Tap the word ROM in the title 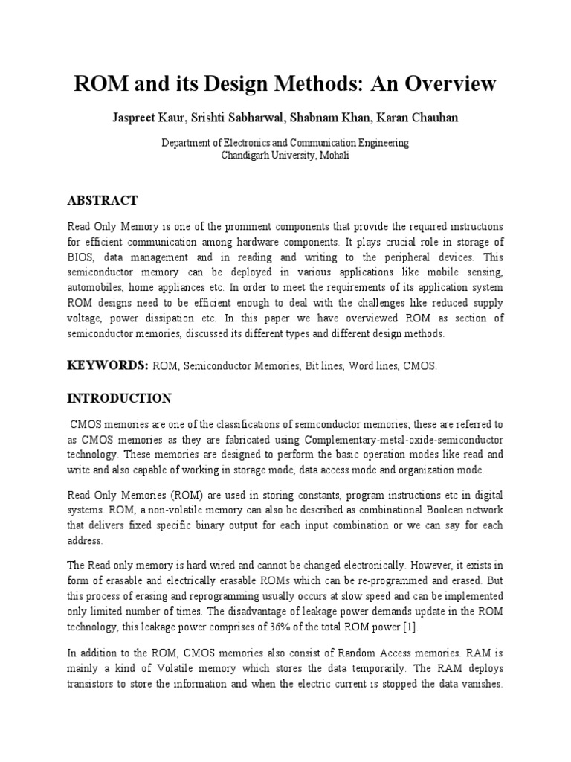click(98, 84)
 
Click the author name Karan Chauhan click(407, 118)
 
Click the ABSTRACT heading click(103, 200)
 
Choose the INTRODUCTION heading click(120, 398)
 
